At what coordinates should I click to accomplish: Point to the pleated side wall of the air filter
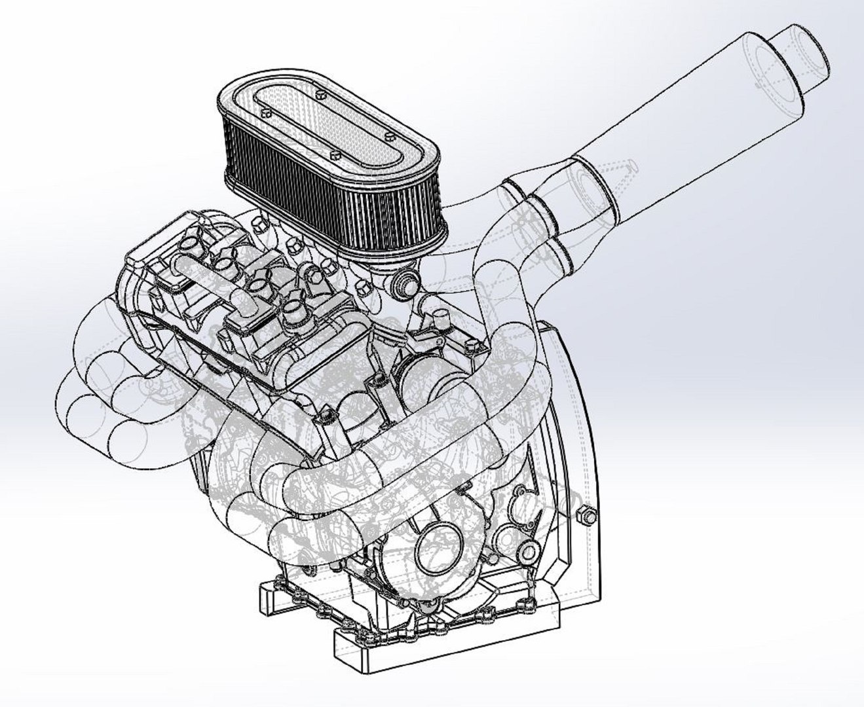(328, 196)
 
